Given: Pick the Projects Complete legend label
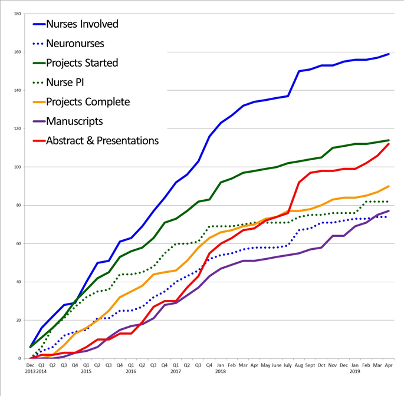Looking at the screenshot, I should click(x=87, y=102).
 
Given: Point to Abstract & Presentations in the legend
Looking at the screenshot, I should click(x=102, y=141).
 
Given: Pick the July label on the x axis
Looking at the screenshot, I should click(x=288, y=365).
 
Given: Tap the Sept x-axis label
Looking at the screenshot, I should click(x=310, y=365).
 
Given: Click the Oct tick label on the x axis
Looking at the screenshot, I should click(x=321, y=365).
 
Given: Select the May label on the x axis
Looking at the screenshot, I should click(x=265, y=365).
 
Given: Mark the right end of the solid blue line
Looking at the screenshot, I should click(x=389, y=54).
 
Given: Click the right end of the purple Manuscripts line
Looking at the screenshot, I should click(x=389, y=211).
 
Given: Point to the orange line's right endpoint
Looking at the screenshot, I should click(x=389, y=186).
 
